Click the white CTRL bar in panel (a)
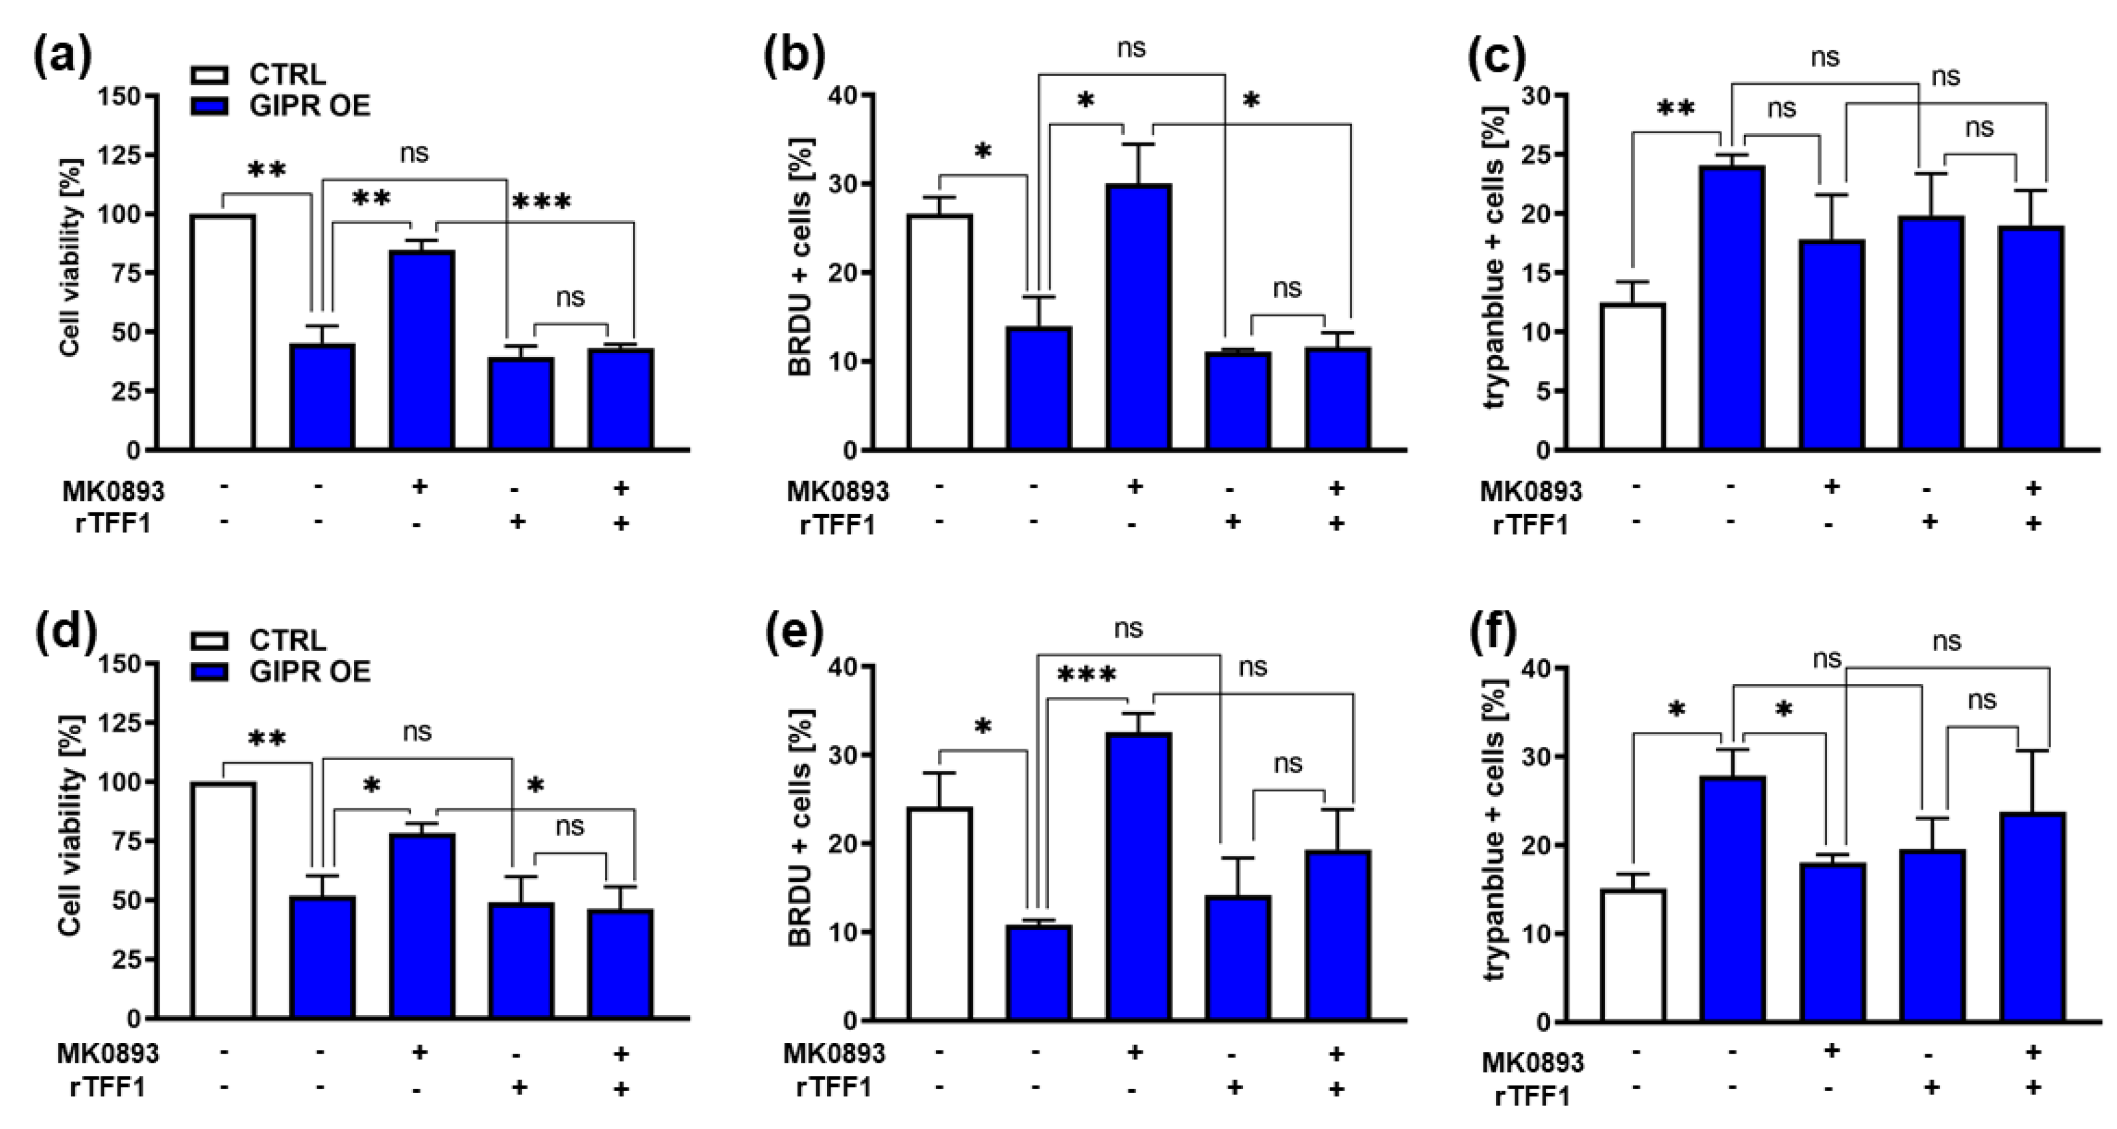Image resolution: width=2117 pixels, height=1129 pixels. (222, 332)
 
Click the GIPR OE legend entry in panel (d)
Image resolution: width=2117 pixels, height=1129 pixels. (310, 671)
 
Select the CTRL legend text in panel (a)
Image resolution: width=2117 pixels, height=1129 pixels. (288, 75)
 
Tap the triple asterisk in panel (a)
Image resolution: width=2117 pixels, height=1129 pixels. (541, 202)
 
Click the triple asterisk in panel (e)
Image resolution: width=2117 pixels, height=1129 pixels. (1086, 676)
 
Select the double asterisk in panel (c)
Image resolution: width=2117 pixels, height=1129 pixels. (1676, 109)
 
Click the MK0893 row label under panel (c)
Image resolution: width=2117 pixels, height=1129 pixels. (1530, 491)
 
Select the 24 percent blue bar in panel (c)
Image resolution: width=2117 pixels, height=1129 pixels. (1732, 308)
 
